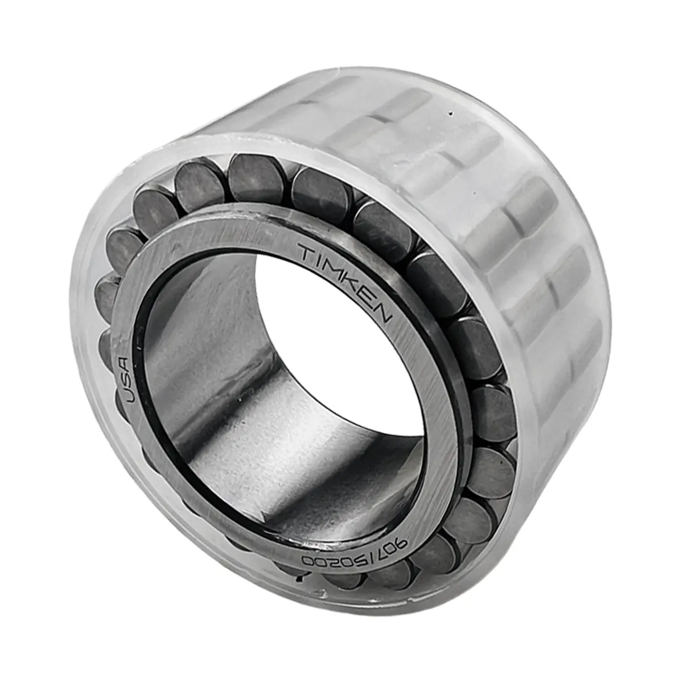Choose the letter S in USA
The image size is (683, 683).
tap(126, 379)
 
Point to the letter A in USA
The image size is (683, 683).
tap(125, 364)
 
